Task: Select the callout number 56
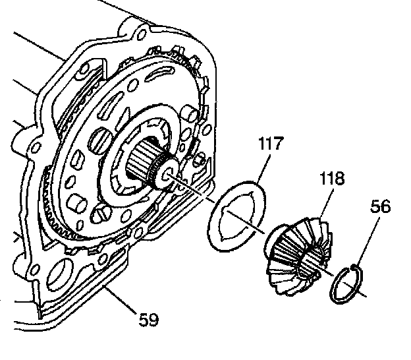pyautogui.click(x=380, y=207)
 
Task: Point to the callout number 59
pyautogui.click(x=148, y=320)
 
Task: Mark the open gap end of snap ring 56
pyautogui.click(x=355, y=267)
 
